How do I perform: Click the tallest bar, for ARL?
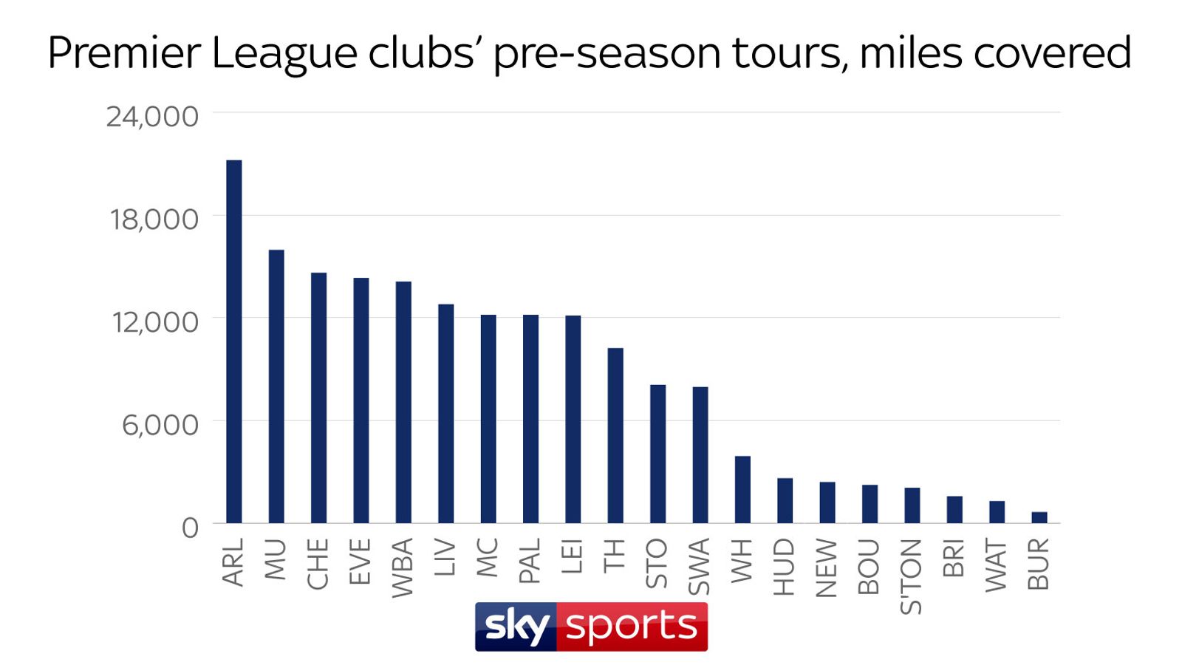233,341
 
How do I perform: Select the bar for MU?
276,386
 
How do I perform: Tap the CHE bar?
318,398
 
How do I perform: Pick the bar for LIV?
445,414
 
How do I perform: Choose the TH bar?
615,435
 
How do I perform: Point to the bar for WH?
742,489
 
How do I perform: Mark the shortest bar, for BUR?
1039,517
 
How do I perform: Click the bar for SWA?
700,454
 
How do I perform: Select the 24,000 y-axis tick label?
152,117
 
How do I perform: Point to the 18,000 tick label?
154,219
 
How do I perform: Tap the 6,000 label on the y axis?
160,425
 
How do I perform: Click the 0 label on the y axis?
190,528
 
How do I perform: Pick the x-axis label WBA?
403,567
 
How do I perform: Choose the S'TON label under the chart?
912,576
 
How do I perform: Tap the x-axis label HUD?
785,567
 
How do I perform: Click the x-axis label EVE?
361,562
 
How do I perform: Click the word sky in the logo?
516,627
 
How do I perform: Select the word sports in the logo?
632,627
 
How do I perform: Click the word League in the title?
284,53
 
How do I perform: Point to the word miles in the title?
911,53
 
